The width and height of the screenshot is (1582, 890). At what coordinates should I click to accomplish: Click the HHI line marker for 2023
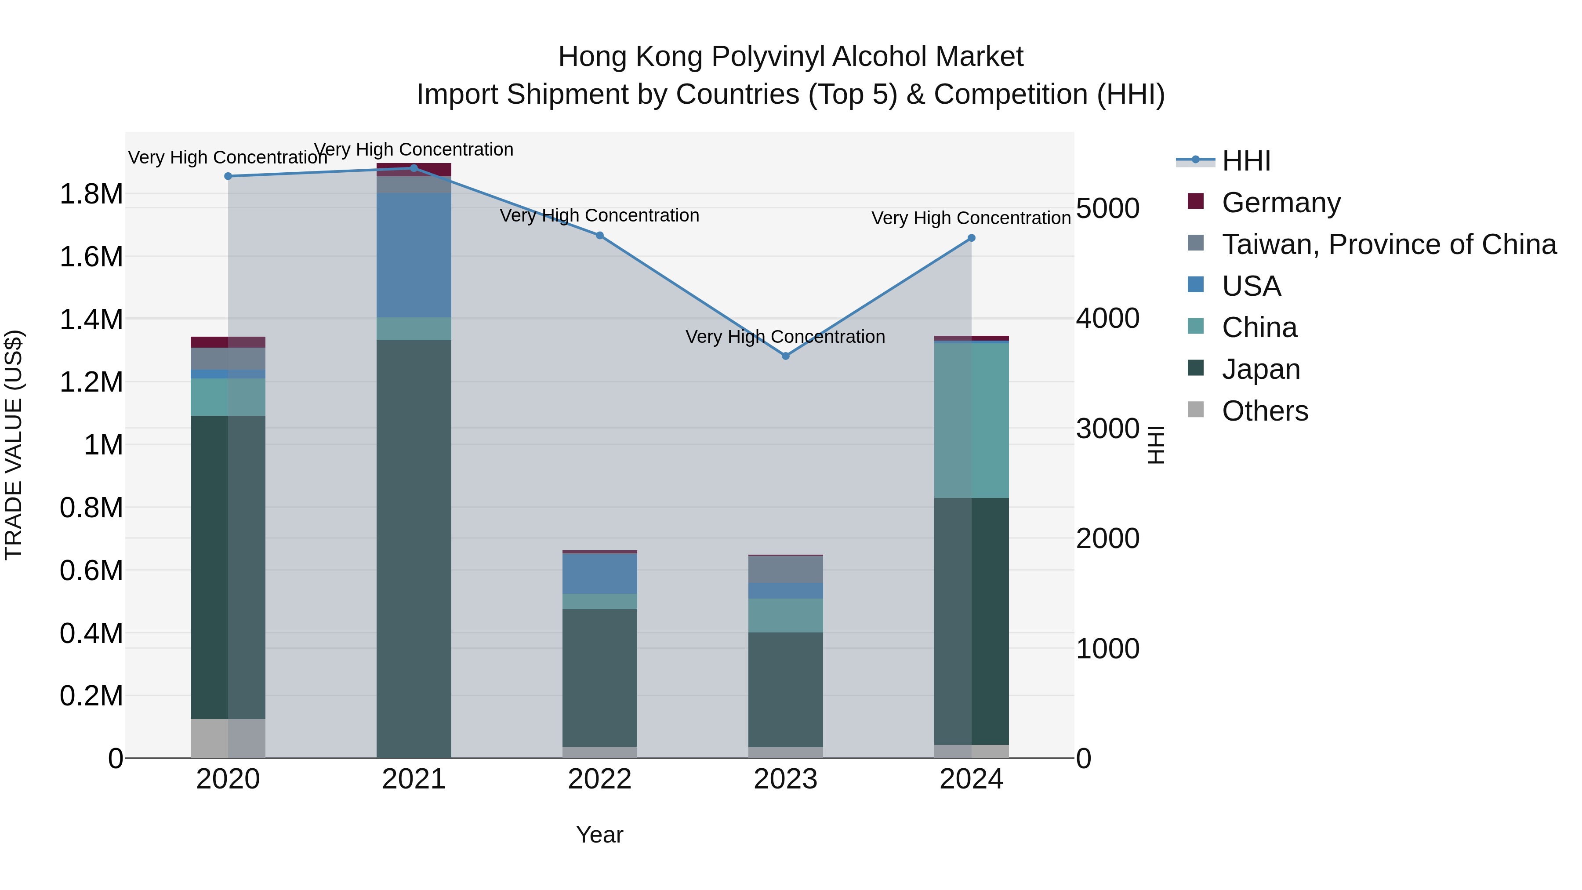coord(785,356)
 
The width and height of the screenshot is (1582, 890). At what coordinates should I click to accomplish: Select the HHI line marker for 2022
coord(600,235)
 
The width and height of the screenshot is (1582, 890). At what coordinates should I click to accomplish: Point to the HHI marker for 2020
coord(228,176)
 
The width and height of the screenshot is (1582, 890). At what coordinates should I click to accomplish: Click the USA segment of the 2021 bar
coord(414,255)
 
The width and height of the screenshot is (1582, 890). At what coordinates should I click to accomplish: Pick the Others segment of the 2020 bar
coord(228,738)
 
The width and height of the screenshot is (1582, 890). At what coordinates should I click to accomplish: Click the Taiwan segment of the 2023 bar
coord(785,569)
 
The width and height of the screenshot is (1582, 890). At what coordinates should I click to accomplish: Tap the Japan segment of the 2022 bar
coord(600,677)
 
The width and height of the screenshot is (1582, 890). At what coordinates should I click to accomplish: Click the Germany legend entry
coord(1281,203)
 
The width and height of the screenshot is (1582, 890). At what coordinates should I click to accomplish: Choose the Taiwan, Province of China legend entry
coord(1389,244)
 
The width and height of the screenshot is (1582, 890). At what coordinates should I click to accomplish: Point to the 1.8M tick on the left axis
coord(91,195)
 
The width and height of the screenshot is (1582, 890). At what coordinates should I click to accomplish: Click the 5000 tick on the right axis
coord(1108,209)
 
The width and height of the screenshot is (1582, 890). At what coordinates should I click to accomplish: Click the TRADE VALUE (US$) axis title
coord(14,445)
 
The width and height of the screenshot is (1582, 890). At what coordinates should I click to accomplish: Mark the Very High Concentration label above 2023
coord(785,337)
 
